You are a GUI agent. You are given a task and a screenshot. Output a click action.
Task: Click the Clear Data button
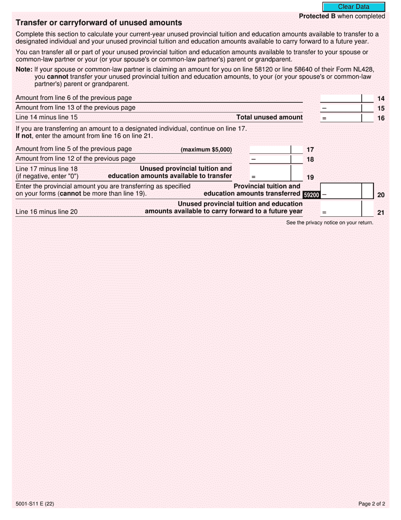pyautogui.click(x=354, y=7)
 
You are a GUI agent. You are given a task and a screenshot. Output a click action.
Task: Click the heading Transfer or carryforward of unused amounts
pyautogui.click(x=99, y=23)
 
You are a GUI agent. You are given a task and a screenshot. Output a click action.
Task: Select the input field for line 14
pyautogui.click(x=341, y=99)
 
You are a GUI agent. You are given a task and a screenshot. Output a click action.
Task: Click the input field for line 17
pyautogui.click(x=270, y=150)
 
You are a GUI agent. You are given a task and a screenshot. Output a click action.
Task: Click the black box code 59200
pyautogui.click(x=312, y=195)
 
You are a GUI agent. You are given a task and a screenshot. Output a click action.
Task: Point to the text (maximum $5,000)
pyautogui.click(x=206, y=150)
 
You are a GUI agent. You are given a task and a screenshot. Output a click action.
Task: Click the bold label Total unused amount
pyautogui.click(x=269, y=117)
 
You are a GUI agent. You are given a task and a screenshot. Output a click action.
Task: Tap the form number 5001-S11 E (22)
pyautogui.click(x=35, y=504)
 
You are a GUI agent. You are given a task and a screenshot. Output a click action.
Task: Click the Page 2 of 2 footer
pyautogui.click(x=371, y=504)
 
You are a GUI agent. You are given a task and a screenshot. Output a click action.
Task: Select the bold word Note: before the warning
pyautogui.click(x=24, y=69)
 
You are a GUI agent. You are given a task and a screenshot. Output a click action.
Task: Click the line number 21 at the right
pyautogui.click(x=381, y=213)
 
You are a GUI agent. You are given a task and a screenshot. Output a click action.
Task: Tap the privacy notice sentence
pyautogui.click(x=330, y=222)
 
